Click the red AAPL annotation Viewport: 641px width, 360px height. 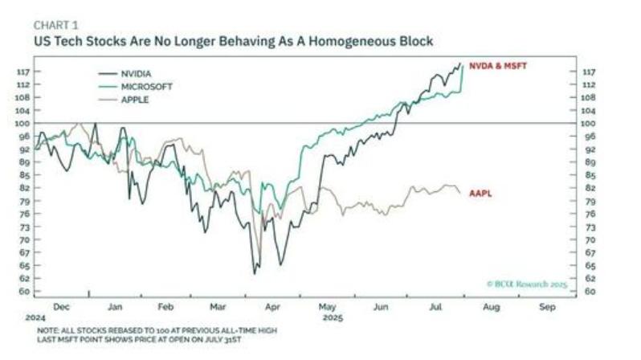[x=480, y=193]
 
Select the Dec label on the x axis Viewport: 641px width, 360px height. [x=61, y=307]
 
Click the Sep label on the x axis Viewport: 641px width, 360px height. [x=548, y=307]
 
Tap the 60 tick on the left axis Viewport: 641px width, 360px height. [x=23, y=291]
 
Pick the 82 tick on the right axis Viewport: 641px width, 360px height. [x=590, y=187]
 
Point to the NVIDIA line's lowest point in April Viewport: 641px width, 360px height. [x=255, y=274]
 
